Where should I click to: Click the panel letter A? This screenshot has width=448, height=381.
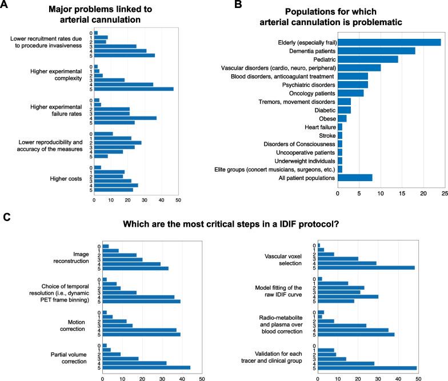click(x=5, y=5)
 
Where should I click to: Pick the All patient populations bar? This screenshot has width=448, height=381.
click(x=355, y=178)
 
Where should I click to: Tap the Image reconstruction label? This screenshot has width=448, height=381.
click(x=74, y=256)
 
